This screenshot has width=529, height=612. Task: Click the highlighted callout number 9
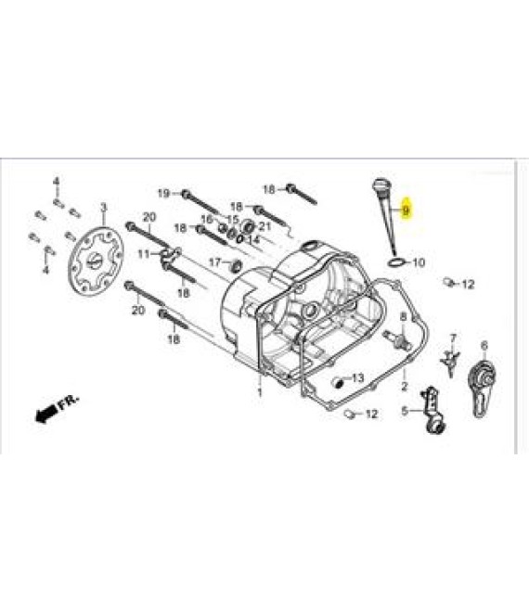pyautogui.click(x=406, y=210)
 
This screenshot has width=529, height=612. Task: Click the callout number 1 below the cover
pyautogui.click(x=260, y=391)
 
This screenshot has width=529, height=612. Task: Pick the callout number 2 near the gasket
pyautogui.click(x=404, y=386)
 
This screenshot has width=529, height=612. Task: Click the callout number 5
pyautogui.click(x=405, y=410)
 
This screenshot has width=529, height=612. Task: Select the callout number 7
pyautogui.click(x=453, y=338)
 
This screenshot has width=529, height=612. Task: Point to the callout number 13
pyautogui.click(x=357, y=377)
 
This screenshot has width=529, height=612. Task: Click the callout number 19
pyautogui.click(x=164, y=193)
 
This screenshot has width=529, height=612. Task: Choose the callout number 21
pyautogui.click(x=264, y=226)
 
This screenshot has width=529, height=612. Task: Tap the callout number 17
pyautogui.click(x=215, y=261)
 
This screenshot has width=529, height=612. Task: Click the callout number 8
pyautogui.click(x=404, y=317)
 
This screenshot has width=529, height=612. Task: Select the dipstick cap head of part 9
pyautogui.click(x=380, y=185)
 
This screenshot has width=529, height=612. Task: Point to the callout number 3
pyautogui.click(x=104, y=207)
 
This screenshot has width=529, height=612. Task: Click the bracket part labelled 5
pyautogui.click(x=432, y=410)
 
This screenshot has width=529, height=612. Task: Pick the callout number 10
pyautogui.click(x=419, y=262)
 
